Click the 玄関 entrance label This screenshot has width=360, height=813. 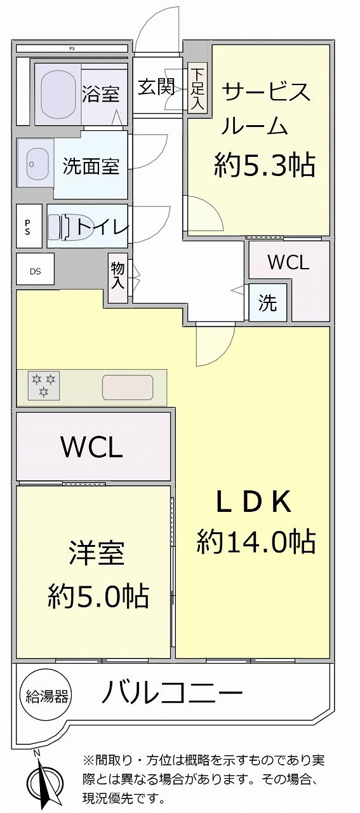pos(156,87)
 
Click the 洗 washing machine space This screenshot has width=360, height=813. pos(268,302)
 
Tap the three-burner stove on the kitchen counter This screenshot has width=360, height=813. pos(44,385)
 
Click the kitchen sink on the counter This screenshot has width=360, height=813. pos(128,387)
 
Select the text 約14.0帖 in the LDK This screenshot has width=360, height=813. pos(256,542)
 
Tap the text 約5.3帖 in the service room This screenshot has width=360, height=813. pos(264,165)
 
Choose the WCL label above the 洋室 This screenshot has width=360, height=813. pos(92,447)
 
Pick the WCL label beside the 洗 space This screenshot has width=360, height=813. pos(288,262)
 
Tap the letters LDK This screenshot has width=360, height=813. pos(254,502)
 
